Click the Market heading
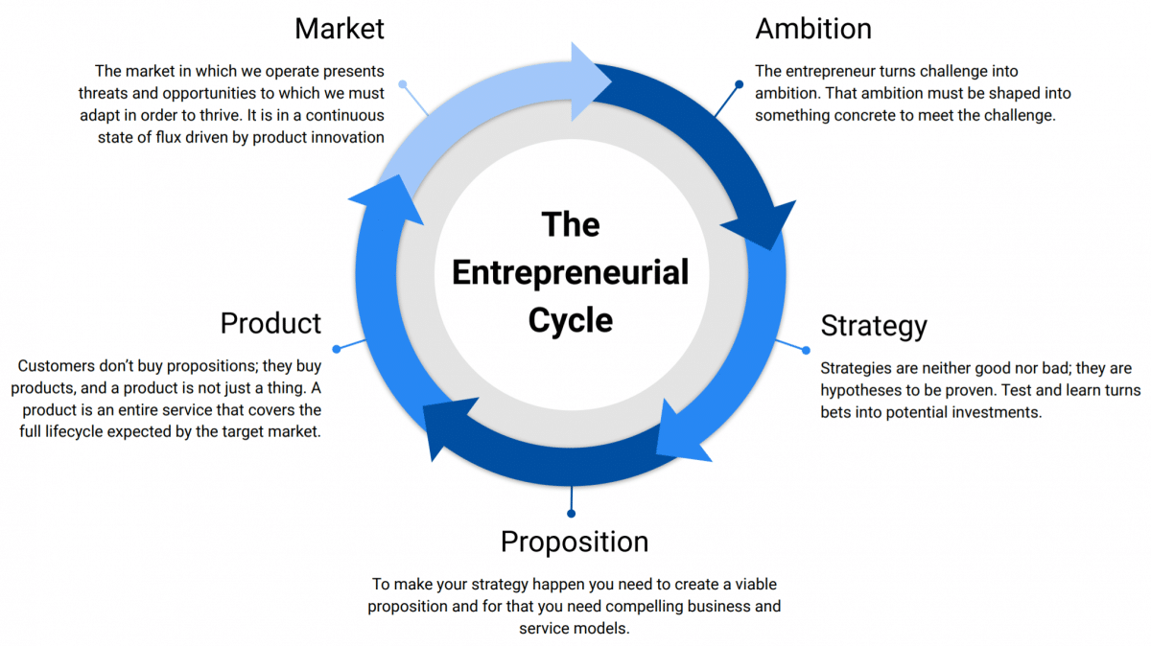pos(340,29)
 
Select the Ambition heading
pos(813,29)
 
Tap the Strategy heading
pos(874,327)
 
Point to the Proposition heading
pos(575,542)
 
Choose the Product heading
pos(270,324)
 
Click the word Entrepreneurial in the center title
pos(571,272)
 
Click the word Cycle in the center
pos(571,320)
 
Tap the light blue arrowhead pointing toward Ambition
pos(590,82)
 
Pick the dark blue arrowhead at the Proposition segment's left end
pos(448,427)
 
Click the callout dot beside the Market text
pos(403,84)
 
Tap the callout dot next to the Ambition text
pos(739,84)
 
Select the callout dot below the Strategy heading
pos(807,350)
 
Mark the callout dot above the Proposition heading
pos(571,514)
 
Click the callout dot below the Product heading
pos(337,349)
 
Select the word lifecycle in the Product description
pos(74,432)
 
